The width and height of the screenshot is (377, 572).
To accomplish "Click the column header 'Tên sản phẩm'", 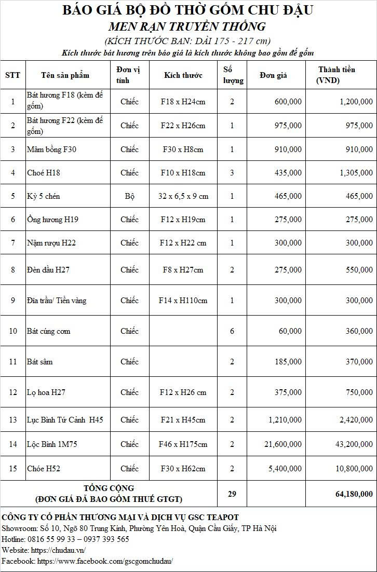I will [x=65, y=75].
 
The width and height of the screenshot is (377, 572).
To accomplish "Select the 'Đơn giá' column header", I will [x=274, y=75].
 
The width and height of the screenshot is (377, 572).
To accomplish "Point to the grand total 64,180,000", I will [x=354, y=494].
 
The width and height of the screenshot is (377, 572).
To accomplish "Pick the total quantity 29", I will [x=232, y=494].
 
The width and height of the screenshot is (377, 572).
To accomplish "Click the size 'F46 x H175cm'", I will [x=183, y=444].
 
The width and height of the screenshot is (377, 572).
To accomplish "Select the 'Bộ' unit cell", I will [x=129, y=196].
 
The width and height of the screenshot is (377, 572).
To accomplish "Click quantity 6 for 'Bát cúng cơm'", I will [x=232, y=331].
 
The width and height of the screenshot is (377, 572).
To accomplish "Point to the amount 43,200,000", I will [x=354, y=444].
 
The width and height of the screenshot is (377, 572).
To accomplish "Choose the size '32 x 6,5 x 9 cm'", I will [x=183, y=196].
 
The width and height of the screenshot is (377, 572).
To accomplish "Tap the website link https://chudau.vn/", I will [x=59, y=550].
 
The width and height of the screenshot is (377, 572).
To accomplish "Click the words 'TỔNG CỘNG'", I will [x=109, y=488].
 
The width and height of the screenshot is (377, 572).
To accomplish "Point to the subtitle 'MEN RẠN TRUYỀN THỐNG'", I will [x=187, y=26].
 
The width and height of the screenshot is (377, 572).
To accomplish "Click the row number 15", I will [x=13, y=469].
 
